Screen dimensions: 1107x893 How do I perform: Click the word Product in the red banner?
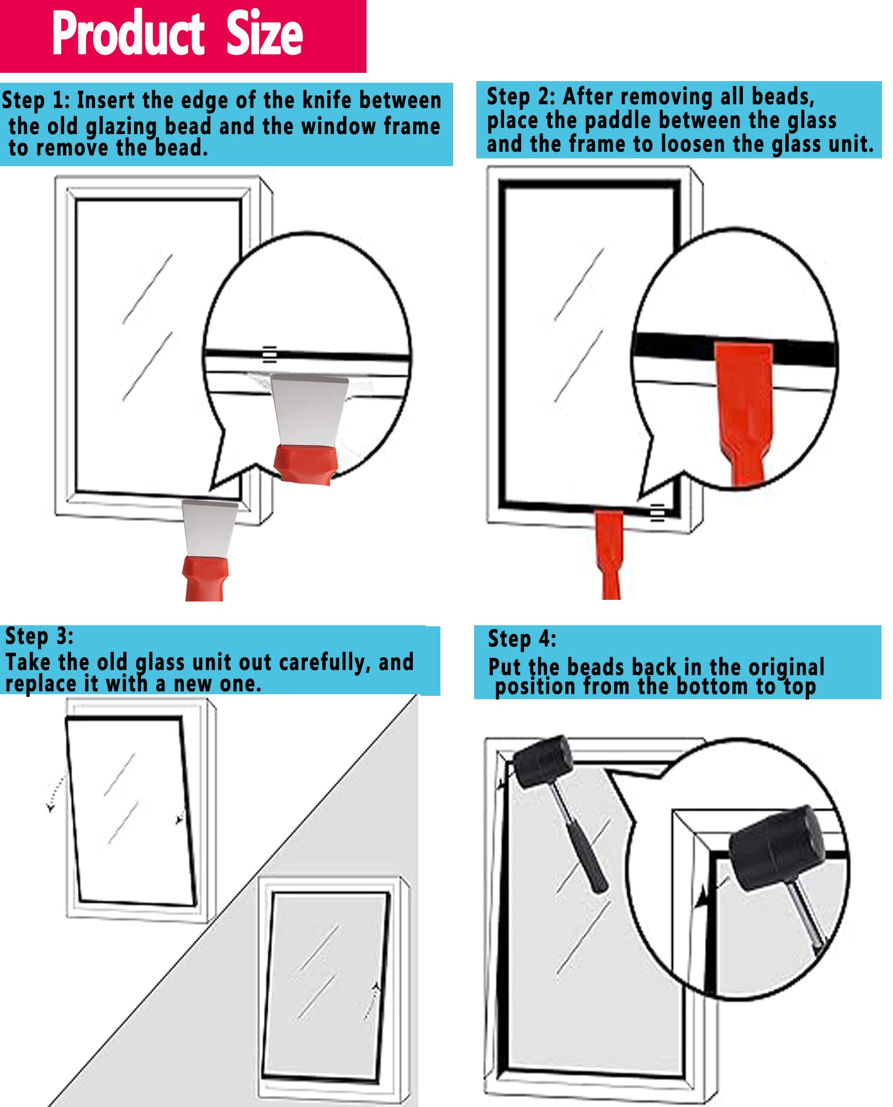128,34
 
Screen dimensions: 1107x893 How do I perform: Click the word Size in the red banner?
264,34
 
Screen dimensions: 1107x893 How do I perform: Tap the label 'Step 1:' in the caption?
36,101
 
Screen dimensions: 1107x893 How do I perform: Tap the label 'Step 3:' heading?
39,636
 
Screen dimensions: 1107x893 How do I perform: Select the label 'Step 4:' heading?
522,639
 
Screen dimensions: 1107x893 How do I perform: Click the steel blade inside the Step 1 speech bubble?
309,408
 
